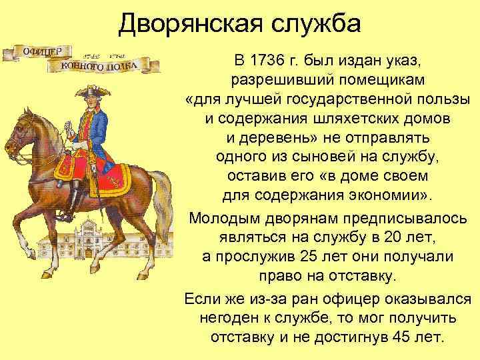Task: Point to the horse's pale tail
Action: (x=160, y=200)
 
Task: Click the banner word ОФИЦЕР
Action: (x=42, y=51)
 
